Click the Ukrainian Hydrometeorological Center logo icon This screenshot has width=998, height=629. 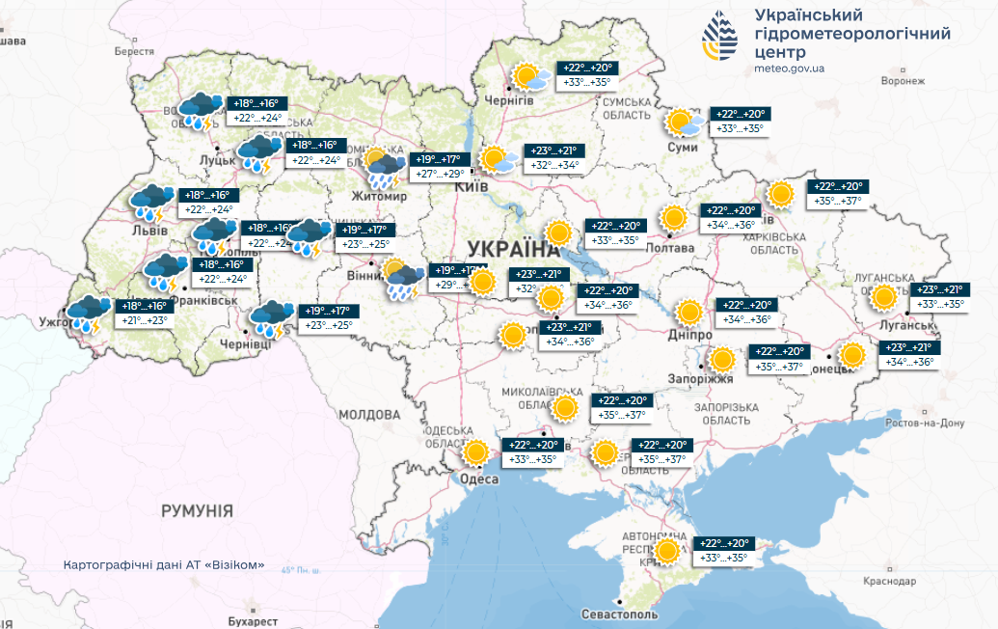722,37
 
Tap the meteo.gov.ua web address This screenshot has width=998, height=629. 790,68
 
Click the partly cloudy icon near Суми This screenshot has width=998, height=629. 685,124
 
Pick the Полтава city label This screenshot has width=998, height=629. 691,248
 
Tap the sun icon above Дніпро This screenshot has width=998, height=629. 688,313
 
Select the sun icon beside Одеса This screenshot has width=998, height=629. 474,452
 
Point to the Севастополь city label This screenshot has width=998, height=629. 620,615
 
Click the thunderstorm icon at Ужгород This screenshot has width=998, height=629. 88,313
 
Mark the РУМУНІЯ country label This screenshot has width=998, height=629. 197,509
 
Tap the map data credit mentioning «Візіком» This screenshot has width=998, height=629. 163,565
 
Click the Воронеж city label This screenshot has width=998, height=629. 903,81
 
